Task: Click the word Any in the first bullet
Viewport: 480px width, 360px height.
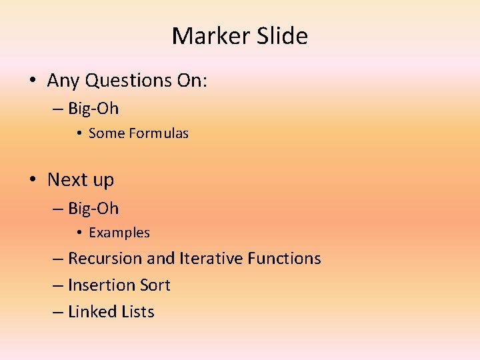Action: click(63, 81)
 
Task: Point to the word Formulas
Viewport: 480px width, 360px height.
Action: click(159, 133)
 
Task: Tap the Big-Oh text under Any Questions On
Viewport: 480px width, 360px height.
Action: click(93, 108)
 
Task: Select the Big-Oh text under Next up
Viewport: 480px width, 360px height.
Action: click(93, 208)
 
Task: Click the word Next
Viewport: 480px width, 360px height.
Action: click(67, 180)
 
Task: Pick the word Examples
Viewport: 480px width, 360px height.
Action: click(119, 233)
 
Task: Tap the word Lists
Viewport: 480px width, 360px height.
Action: click(139, 312)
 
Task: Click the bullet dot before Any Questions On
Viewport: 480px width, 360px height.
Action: click(32, 81)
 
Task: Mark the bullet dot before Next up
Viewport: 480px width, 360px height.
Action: click(32, 180)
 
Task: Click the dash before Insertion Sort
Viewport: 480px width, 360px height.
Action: click(58, 286)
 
